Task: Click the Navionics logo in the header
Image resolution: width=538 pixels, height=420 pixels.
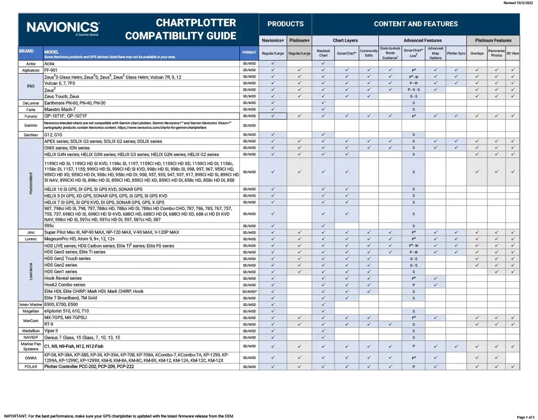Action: click(x=63, y=27)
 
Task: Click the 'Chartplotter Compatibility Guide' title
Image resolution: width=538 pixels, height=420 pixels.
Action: click(x=180, y=29)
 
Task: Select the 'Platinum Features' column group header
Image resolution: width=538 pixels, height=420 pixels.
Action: click(x=493, y=40)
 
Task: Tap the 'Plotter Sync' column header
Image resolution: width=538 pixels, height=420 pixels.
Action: click(x=456, y=53)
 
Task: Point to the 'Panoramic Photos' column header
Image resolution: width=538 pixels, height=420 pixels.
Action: click(x=496, y=53)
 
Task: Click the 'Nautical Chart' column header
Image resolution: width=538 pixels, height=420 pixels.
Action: click(x=323, y=53)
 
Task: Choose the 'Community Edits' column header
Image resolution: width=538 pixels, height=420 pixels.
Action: click(x=369, y=53)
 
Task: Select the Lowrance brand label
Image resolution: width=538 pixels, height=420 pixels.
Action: click(x=31, y=272)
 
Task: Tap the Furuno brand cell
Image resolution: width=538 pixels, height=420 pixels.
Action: click(x=31, y=116)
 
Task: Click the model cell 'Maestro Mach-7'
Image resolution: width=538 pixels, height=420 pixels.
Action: click(x=60, y=109)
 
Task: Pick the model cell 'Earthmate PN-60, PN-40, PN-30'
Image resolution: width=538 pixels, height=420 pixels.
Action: click(x=75, y=102)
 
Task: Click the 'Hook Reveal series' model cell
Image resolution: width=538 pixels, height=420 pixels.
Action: click(x=63, y=278)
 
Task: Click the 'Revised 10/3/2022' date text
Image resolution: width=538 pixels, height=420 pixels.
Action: click(x=518, y=3)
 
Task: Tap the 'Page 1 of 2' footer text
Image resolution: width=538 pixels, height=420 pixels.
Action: click(x=525, y=417)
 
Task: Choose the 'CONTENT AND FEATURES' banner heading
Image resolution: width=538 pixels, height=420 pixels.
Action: click(x=415, y=24)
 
